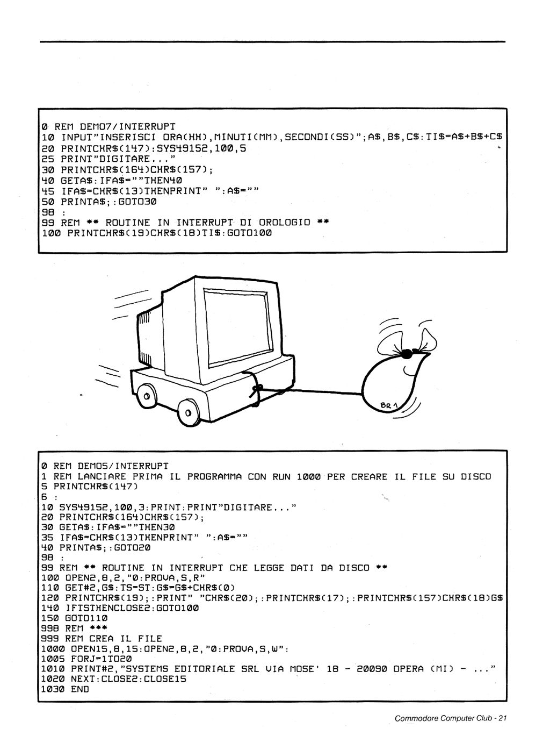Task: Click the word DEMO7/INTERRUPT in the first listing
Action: (x=127, y=127)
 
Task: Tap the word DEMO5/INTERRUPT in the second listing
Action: (x=123, y=466)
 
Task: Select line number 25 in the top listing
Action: (x=48, y=159)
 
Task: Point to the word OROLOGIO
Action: (x=284, y=223)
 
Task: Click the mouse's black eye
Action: (x=407, y=353)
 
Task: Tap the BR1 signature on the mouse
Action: (x=389, y=405)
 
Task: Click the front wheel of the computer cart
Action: (x=189, y=413)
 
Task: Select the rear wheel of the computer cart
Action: (x=146, y=396)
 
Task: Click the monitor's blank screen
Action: (x=238, y=327)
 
